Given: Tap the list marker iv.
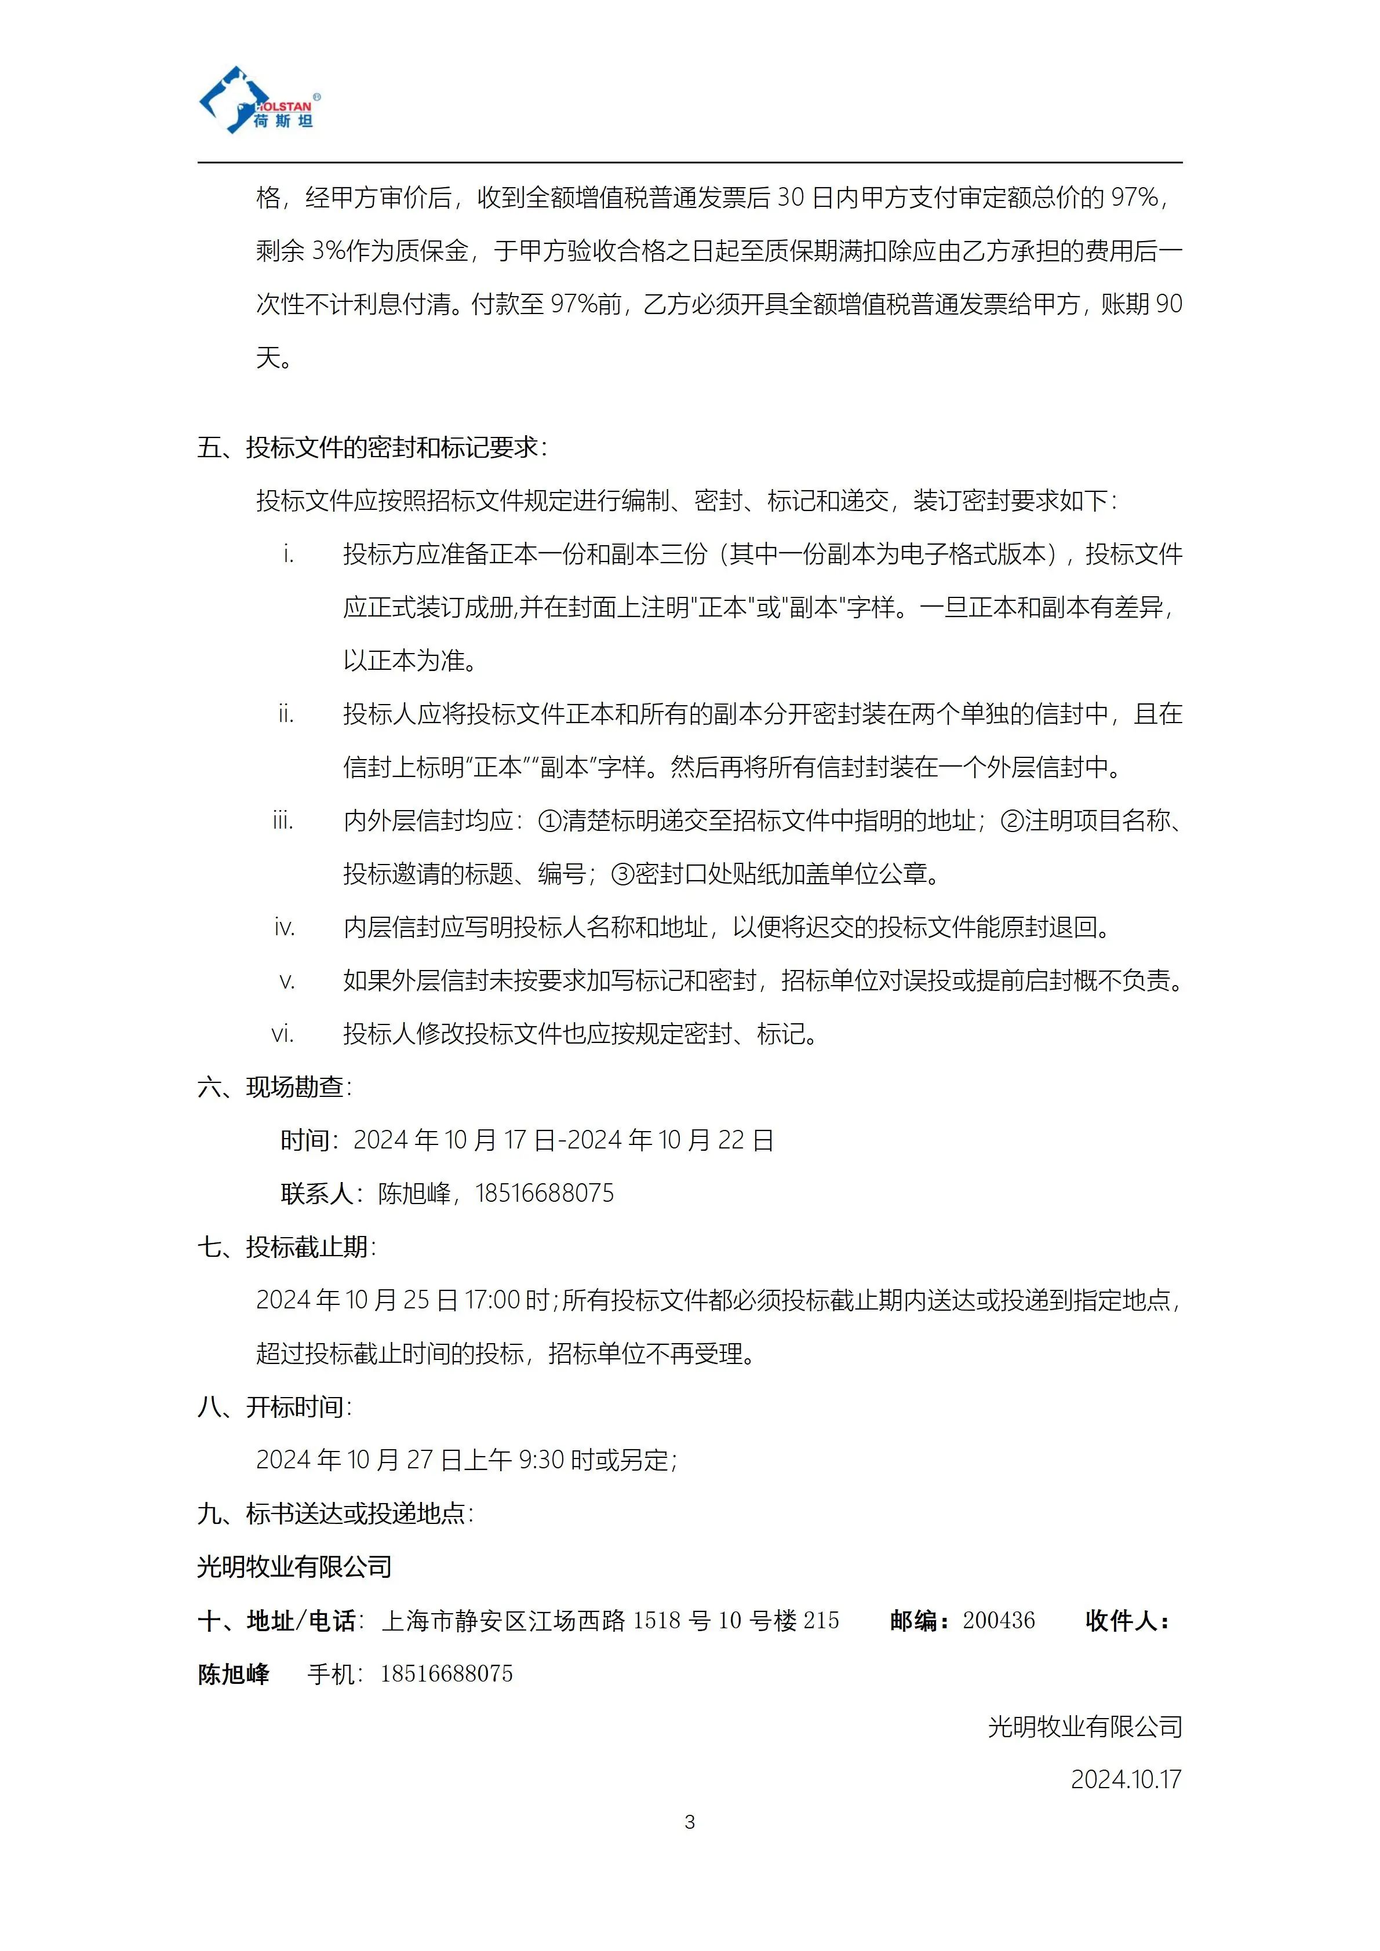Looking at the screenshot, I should point(285,928).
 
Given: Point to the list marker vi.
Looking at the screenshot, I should point(283,1034).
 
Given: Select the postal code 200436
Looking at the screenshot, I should point(999,1621).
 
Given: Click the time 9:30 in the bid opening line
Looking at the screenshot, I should point(540,1460).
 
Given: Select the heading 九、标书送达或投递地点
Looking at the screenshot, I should point(335,1514).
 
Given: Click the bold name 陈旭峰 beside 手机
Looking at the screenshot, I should point(234,1674).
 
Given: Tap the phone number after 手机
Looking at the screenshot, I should point(447,1674).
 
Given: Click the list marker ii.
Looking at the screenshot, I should point(286,714).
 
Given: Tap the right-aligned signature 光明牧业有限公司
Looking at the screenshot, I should point(1084,1727).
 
